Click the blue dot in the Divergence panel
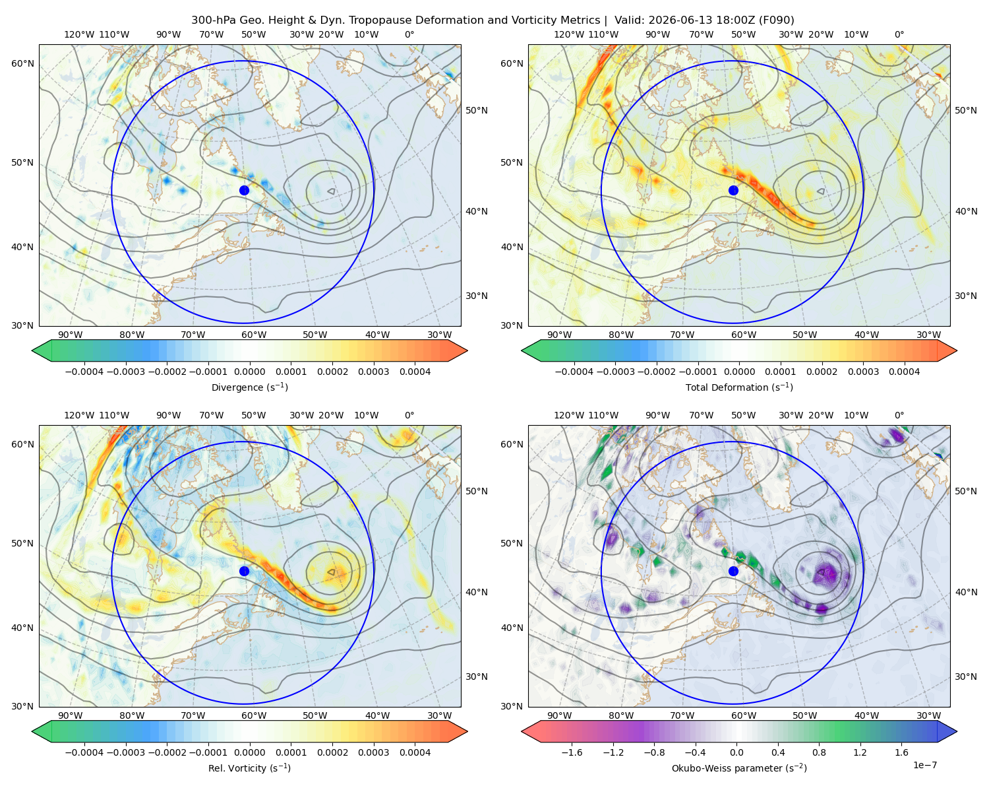point(244,190)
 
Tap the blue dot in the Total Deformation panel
point(733,190)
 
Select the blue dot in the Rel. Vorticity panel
point(244,571)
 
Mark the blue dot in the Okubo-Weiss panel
point(733,571)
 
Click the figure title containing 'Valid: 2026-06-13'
point(493,20)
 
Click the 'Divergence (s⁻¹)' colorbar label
point(249,387)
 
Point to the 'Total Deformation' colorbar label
point(739,387)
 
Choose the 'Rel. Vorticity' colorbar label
point(249,768)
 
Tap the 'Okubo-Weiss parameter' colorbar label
point(739,768)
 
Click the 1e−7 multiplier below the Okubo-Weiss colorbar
point(924,765)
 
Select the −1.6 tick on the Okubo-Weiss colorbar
point(572,752)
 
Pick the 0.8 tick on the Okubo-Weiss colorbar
point(819,752)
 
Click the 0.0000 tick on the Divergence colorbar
point(249,372)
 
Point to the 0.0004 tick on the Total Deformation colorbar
point(905,372)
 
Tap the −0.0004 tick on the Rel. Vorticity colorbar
point(84,752)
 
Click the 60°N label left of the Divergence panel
point(22,63)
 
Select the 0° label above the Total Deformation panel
point(899,34)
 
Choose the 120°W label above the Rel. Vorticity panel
point(79,415)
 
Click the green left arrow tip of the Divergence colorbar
point(32,350)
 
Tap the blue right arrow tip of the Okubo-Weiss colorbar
point(957,731)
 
